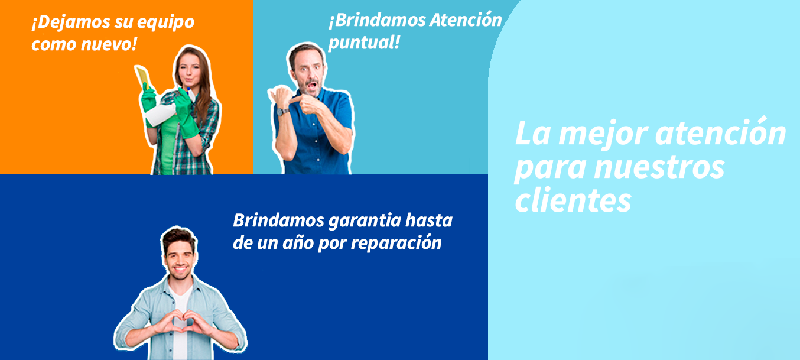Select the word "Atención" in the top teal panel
[x=466, y=20]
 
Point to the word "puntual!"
[x=364, y=43]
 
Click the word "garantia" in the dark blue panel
[x=365, y=221]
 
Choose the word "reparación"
[x=396, y=243]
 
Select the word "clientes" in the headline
[x=573, y=200]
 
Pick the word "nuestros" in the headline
[x=659, y=167]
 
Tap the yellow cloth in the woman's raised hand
[x=144, y=77]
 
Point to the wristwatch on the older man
[x=283, y=112]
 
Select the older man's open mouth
[x=312, y=86]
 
